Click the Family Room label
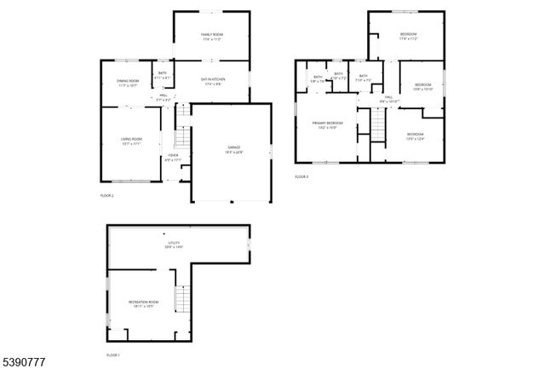[x=211, y=35]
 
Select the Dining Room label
[x=129, y=81]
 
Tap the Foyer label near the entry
[x=173, y=155]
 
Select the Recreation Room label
[x=143, y=302]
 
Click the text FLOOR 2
[x=106, y=195]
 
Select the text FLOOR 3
[x=301, y=176]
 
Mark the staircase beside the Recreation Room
[x=180, y=298]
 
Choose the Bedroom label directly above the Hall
[x=423, y=84]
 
